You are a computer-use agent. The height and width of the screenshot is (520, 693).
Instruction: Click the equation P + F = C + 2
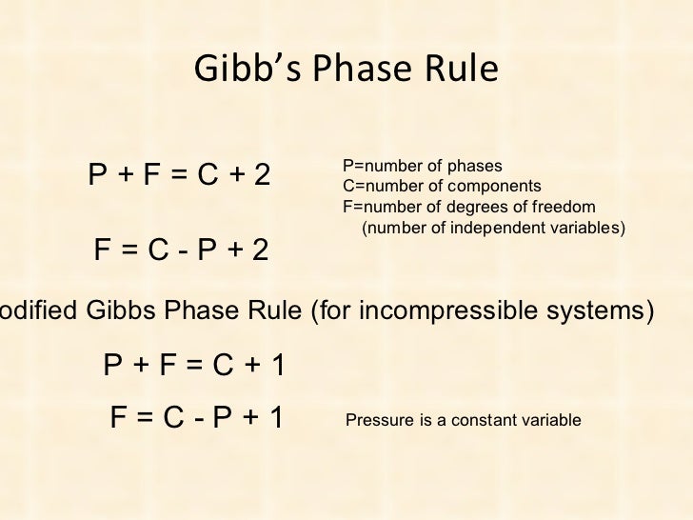[180, 175]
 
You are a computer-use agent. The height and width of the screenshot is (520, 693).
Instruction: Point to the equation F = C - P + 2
[181, 251]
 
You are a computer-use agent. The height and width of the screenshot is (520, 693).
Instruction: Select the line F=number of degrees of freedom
[468, 207]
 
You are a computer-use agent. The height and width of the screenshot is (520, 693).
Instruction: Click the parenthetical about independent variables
[493, 229]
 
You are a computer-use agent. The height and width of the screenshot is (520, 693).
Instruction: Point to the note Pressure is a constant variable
[462, 419]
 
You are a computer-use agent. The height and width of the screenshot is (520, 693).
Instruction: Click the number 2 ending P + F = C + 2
[261, 175]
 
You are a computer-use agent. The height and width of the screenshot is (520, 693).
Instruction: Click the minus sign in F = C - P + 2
[177, 252]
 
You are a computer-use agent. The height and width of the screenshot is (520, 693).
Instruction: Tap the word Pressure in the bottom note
[378, 419]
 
